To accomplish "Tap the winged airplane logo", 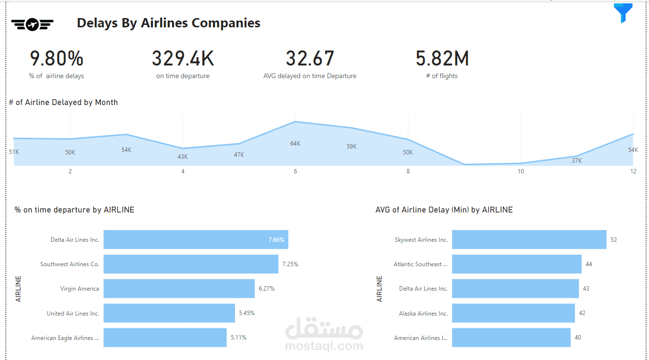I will click(32, 24).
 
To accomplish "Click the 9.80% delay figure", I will click(57, 59).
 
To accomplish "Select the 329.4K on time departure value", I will click(183, 59).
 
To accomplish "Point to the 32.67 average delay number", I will click(310, 59).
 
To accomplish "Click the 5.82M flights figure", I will click(442, 59).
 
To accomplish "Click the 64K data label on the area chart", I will click(295, 144).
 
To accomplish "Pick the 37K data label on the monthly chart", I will click(577, 161).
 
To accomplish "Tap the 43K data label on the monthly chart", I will click(183, 157).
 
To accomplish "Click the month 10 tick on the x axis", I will click(520, 171).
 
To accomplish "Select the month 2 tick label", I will click(70, 171).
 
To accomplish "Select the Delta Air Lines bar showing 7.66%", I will click(195, 240).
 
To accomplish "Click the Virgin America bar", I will click(179, 289).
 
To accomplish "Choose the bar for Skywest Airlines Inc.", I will click(529, 240).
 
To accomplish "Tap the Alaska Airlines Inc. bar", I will click(513, 313).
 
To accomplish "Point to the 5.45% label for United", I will click(247, 313).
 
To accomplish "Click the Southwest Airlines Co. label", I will click(70, 264).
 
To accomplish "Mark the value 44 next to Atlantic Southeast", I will click(588, 264).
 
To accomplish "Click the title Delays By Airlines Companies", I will click(169, 23).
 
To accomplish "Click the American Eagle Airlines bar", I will click(165, 338).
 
